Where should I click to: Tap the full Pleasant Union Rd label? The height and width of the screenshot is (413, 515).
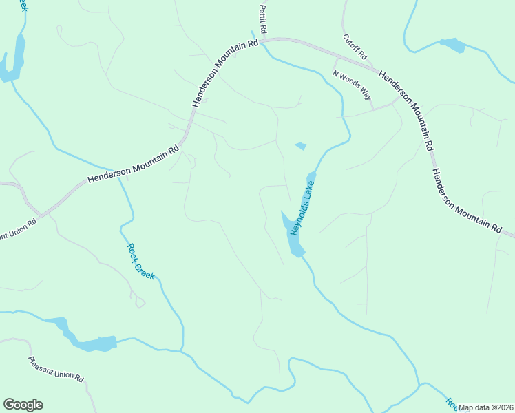(56, 369)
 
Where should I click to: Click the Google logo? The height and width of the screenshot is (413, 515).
(23, 405)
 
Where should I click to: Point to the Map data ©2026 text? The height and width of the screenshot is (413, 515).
(485, 407)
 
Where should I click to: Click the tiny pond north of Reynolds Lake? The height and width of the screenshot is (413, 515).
(300, 146)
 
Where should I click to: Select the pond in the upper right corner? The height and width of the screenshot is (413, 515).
(452, 45)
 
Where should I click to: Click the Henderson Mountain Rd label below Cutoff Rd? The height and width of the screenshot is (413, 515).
(406, 110)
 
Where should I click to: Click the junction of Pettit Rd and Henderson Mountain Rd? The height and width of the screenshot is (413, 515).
(261, 40)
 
